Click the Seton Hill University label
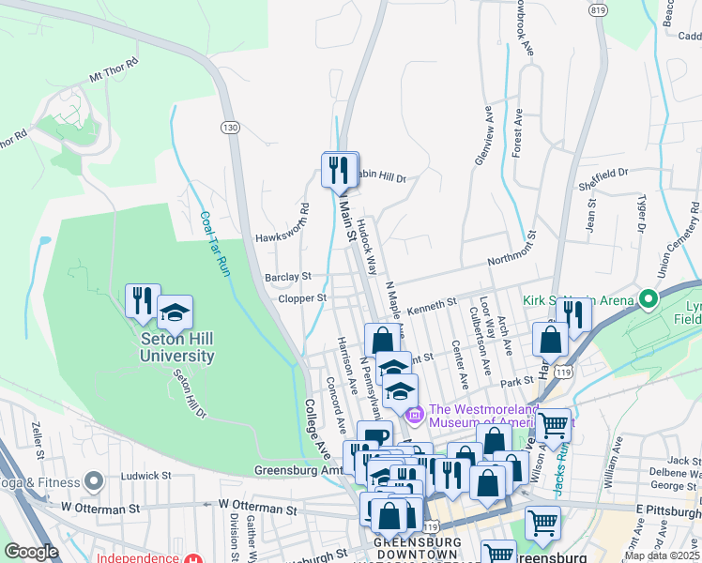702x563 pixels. pos(176,347)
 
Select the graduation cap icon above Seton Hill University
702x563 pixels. pos(175,312)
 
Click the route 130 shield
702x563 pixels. pos(230,127)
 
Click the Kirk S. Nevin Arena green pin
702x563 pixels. pos(647,300)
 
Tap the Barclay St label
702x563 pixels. pos(287,277)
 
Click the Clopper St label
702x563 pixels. pos(301,298)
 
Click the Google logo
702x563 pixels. pos(31,552)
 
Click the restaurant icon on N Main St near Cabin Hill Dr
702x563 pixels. pos(340,170)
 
